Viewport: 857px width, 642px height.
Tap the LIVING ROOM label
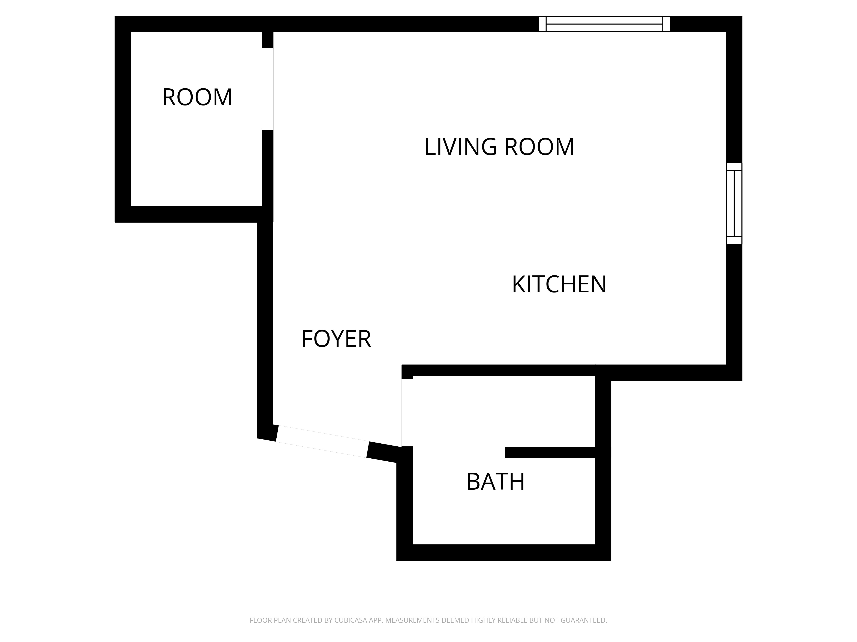(499, 147)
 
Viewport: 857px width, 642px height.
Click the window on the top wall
(604, 24)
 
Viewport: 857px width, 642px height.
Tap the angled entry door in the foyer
(322, 441)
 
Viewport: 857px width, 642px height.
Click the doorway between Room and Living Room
(268, 89)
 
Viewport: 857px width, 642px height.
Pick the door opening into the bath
(407, 413)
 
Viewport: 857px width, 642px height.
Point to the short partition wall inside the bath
(550, 452)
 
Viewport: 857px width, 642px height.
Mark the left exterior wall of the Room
(123, 119)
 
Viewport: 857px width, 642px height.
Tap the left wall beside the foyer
(265, 330)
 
